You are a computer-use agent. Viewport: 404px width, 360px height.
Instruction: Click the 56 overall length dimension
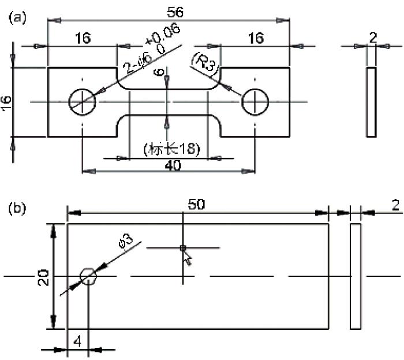coord(175,12)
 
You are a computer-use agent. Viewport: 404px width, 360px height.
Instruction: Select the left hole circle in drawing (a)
coord(69,102)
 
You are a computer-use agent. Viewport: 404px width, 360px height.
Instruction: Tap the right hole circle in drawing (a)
coord(242,102)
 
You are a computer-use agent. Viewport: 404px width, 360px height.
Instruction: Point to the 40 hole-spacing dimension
coord(173,165)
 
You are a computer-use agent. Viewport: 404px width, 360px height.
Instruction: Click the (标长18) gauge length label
coord(171,149)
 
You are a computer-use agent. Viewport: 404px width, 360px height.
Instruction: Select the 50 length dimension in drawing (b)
coord(196,204)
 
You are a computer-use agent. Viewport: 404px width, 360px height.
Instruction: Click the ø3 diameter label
coord(126,242)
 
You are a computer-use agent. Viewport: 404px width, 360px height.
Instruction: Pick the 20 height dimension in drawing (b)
coord(43,277)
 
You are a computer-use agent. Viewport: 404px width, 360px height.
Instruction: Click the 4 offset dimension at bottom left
coord(77,342)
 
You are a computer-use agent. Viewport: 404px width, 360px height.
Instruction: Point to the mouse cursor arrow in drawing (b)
coord(188,258)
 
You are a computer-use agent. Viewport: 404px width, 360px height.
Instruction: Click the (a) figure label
coord(17,18)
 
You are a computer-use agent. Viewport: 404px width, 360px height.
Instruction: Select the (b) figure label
coord(17,209)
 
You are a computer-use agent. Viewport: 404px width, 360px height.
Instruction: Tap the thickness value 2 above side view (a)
coord(373,38)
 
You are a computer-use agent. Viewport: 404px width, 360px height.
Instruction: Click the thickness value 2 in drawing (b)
coord(395,206)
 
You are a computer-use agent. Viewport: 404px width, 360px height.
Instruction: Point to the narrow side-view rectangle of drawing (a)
coord(367,102)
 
